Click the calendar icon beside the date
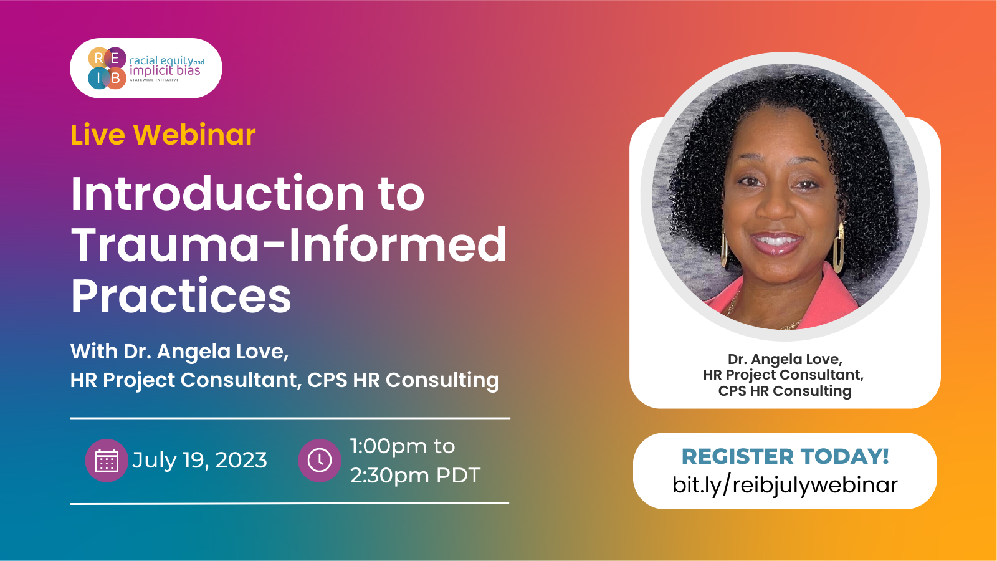click(107, 461)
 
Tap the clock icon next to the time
click(320, 461)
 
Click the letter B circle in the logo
click(116, 78)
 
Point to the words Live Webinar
click(163, 134)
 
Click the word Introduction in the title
click(217, 194)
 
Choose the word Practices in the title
click(181, 295)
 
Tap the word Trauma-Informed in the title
click(289, 244)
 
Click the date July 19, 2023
click(199, 460)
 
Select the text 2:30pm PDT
click(415, 476)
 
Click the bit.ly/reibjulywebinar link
click(785, 485)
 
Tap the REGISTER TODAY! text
click(785, 456)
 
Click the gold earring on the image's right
click(839, 247)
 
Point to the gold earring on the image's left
click(725, 246)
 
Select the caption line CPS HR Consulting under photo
click(785, 391)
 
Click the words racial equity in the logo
click(161, 60)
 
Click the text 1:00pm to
click(403, 446)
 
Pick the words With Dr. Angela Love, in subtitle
click(179, 352)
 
